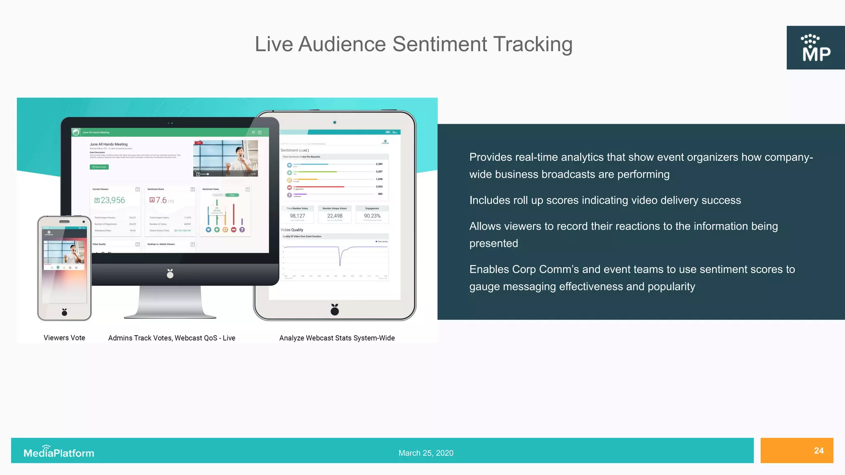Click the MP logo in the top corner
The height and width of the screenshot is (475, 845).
point(816,48)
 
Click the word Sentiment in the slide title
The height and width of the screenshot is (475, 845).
point(439,44)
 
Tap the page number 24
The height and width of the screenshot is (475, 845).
point(819,451)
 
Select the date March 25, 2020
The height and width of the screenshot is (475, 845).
point(426,453)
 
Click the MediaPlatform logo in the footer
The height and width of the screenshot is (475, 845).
point(59,452)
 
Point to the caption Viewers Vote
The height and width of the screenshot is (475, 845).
point(64,338)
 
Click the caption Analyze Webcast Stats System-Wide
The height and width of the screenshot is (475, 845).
point(337,338)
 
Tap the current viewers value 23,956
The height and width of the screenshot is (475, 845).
point(112,200)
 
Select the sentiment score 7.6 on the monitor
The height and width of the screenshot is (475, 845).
point(161,200)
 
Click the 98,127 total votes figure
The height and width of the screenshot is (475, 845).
point(297,216)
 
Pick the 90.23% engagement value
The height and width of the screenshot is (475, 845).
point(372,216)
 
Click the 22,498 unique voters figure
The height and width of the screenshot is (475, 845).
point(335,216)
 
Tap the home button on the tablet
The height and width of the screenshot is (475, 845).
point(335,310)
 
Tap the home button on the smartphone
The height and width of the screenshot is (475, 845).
point(64,312)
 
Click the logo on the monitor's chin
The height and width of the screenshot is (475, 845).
point(170,273)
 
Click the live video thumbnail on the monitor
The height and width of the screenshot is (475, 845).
point(226,158)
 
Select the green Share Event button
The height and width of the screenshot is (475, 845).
point(99,167)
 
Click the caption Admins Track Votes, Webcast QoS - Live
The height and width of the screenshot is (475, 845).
point(172,338)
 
